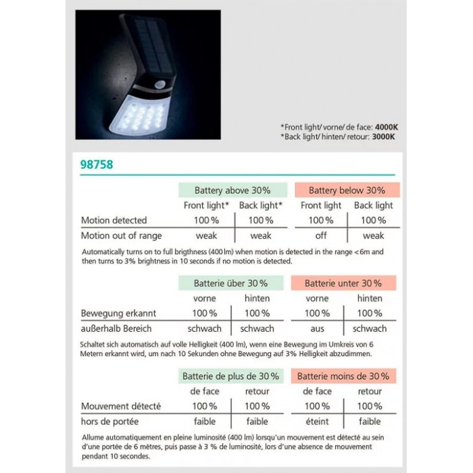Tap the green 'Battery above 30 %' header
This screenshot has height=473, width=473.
[232, 191]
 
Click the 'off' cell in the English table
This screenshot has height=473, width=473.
[321, 236]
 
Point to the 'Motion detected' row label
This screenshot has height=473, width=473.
[114, 220]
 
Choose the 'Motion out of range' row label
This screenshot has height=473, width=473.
[122, 236]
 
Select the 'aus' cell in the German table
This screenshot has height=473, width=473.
[318, 328]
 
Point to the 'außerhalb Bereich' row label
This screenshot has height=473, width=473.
[116, 328]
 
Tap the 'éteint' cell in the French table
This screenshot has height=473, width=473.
[318, 422]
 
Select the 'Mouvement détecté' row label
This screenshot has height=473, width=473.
[121, 407]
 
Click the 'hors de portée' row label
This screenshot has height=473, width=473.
[109, 422]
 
